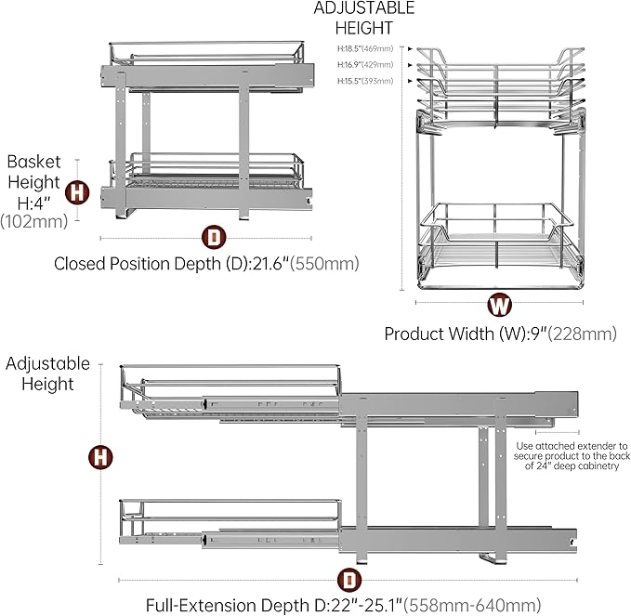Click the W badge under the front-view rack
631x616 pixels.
coord(499,304)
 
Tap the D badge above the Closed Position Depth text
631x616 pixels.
coord(215,237)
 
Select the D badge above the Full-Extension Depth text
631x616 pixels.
coord(348,580)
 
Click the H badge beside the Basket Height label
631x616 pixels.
coord(78,193)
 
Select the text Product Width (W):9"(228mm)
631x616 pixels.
coord(500,334)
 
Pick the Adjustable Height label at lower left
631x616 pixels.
coord(47,373)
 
